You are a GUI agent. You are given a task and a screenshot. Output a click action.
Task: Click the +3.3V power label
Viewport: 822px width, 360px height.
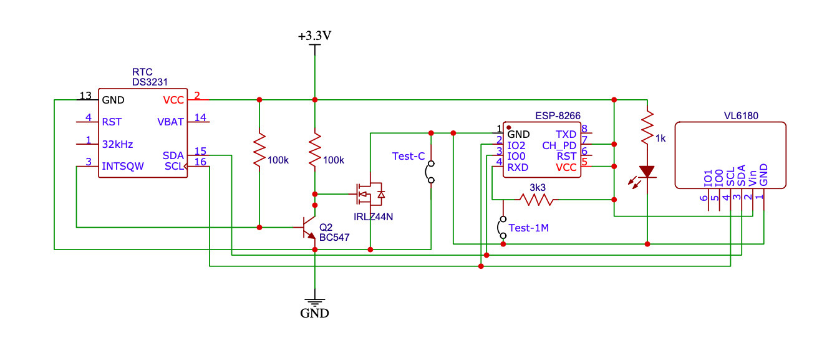click(314, 36)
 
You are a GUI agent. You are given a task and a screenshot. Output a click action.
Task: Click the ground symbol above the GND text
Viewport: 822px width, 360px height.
click(314, 301)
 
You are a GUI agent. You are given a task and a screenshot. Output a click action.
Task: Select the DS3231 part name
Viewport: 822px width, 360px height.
click(150, 82)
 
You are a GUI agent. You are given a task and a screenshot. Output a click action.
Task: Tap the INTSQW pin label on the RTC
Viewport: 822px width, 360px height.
click(123, 166)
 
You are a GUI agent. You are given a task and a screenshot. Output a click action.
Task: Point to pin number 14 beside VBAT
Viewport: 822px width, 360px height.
click(200, 117)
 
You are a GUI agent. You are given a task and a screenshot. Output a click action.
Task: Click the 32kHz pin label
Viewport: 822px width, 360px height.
click(118, 144)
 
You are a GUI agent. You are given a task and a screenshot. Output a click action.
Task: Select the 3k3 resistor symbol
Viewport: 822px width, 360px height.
click(536, 200)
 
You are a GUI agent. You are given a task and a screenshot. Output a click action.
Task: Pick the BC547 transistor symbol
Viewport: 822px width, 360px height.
click(308, 228)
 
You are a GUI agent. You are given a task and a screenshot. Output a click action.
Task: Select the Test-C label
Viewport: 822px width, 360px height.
click(409, 156)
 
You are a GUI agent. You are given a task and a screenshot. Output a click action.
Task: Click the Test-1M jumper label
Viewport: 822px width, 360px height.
click(529, 228)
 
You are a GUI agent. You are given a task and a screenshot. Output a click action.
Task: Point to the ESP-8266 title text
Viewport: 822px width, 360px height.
click(558, 116)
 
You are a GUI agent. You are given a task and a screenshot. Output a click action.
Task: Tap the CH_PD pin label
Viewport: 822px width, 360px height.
click(559, 145)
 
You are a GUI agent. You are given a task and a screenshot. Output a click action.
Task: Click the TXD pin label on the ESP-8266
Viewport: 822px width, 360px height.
click(566, 134)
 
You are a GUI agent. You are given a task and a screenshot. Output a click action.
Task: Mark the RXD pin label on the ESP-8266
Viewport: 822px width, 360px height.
click(518, 167)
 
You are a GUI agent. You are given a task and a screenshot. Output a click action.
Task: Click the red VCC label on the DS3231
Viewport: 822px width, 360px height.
click(173, 100)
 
